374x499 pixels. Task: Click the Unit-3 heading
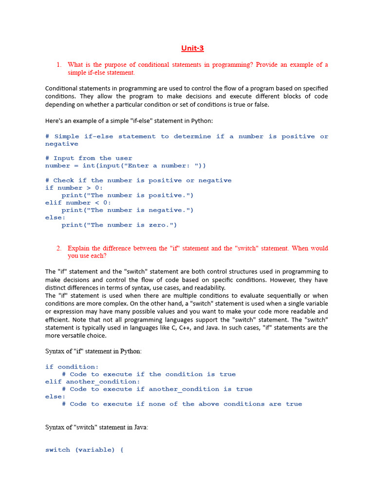tap(192, 48)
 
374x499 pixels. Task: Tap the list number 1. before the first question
tap(58, 65)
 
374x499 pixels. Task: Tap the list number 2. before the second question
tap(58, 248)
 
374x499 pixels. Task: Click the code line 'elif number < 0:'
tap(78, 203)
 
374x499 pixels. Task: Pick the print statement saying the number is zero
tap(119, 225)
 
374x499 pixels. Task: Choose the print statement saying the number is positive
tap(128, 195)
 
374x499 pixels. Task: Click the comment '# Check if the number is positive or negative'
tap(138, 180)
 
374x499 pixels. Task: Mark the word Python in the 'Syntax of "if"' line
tap(131, 351)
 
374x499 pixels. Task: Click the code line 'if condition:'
tap(72, 367)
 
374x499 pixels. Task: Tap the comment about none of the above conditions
tap(182, 404)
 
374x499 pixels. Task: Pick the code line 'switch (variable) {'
tap(84, 450)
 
